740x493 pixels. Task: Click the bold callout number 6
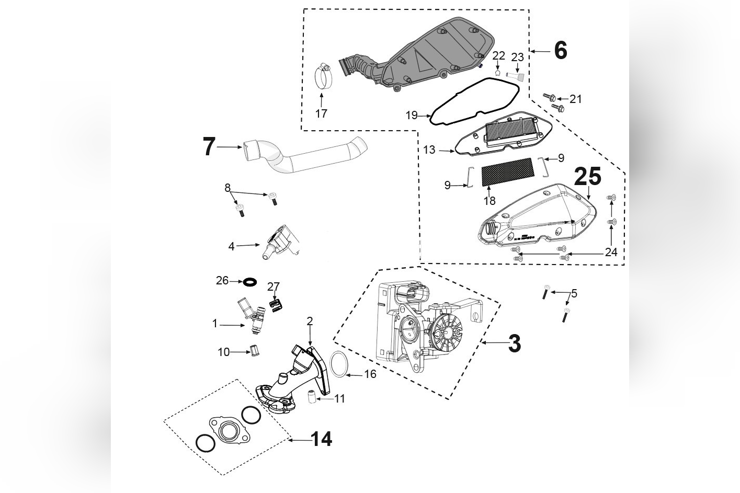[560, 51]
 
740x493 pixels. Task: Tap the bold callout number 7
[209, 147]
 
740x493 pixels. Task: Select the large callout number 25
[588, 177]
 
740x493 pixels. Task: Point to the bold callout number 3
[514, 343]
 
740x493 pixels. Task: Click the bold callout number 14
[322, 439]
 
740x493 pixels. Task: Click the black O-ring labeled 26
[250, 282]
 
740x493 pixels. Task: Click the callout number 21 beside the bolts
[575, 99]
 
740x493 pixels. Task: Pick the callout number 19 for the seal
[412, 115]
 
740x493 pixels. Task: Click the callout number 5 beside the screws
[574, 293]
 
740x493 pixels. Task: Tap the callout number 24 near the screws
[611, 252]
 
